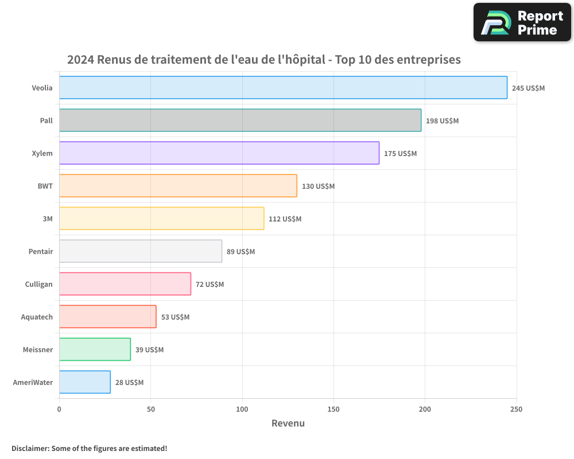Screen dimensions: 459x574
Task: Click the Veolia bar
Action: pos(283,88)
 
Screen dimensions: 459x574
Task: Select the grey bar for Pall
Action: pos(240,120)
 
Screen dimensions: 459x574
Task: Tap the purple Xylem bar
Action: pos(219,153)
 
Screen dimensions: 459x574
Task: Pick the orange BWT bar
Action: pos(178,186)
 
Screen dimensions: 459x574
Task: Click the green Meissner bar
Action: pos(95,349)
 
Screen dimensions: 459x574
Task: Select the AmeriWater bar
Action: pos(84,382)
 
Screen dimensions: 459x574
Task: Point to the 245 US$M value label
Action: pos(528,88)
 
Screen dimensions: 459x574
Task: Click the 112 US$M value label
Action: pos(285,219)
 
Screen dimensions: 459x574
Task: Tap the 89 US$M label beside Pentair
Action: pos(241,252)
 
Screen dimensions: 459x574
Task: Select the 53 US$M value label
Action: pos(175,317)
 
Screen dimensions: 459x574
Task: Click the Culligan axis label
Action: pos(38,285)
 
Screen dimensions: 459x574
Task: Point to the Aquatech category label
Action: pos(37,317)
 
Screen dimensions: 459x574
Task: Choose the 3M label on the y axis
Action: pos(48,219)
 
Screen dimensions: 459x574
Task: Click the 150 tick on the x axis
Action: pos(333,409)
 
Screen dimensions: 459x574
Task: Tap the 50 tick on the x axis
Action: pos(150,409)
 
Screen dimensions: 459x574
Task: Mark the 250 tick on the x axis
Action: pos(516,409)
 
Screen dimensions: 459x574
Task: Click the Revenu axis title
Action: pos(288,423)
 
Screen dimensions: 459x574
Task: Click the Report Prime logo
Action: pos(522,22)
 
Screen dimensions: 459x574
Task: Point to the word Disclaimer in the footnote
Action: pos(30,448)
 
